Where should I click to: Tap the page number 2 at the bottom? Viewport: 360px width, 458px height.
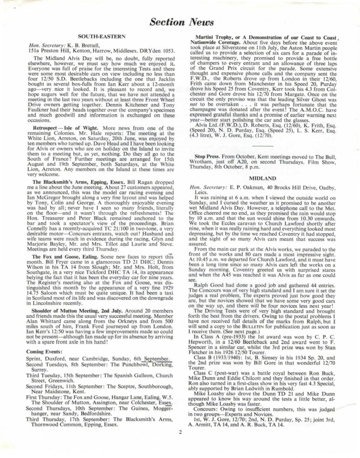(180, 432)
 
